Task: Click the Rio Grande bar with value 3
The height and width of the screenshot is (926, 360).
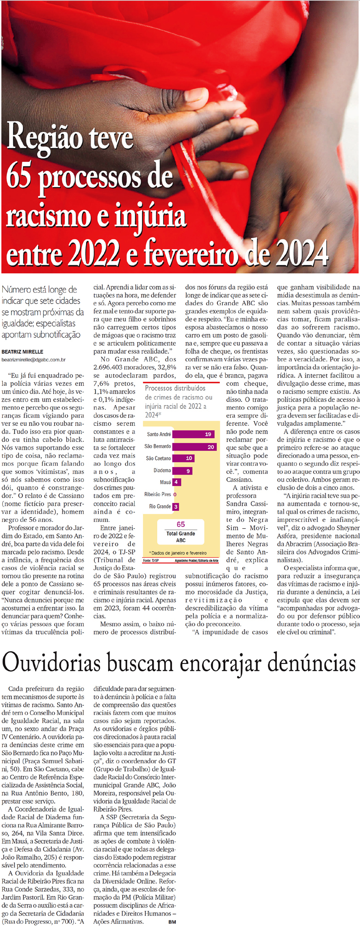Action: (176, 507)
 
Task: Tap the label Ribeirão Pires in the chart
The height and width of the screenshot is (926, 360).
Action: (158, 494)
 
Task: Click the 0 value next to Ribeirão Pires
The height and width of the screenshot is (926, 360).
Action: (175, 495)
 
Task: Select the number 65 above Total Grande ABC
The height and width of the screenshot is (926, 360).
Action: (181, 524)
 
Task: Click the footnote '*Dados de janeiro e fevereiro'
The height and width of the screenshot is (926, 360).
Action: (178, 553)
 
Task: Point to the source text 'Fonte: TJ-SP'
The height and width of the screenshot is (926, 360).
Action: (151, 560)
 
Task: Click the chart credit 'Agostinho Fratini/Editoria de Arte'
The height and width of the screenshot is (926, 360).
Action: (196, 560)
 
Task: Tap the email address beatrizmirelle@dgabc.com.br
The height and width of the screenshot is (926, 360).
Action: (34, 360)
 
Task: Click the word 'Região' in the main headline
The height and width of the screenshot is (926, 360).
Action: (39, 137)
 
